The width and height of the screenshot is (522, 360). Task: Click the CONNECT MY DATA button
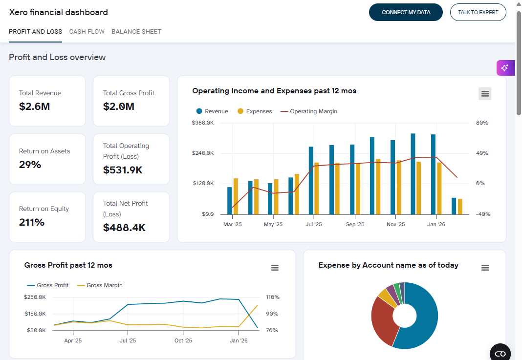tap(406, 12)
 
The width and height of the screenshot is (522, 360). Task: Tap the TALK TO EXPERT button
tap(478, 12)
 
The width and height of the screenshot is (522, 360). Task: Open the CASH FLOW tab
tap(87, 31)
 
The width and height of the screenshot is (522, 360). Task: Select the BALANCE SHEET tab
tap(136, 31)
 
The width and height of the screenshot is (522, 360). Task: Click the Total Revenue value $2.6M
tap(34, 106)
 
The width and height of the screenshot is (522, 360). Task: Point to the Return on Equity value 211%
tap(32, 222)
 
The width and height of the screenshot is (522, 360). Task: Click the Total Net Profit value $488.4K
tap(124, 228)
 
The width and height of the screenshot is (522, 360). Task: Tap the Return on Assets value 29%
tap(30, 165)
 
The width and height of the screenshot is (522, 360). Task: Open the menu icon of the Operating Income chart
tap(485, 94)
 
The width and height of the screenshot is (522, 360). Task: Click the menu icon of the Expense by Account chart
tap(485, 268)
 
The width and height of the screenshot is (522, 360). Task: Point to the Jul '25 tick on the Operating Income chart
tap(314, 225)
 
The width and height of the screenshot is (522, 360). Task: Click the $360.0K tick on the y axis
tap(203, 123)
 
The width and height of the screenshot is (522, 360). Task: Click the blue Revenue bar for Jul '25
tap(311, 180)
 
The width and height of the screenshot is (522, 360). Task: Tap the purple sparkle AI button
tap(505, 68)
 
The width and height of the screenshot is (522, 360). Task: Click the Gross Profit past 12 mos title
tap(68, 265)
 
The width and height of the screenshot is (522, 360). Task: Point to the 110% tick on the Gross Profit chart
tap(272, 297)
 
